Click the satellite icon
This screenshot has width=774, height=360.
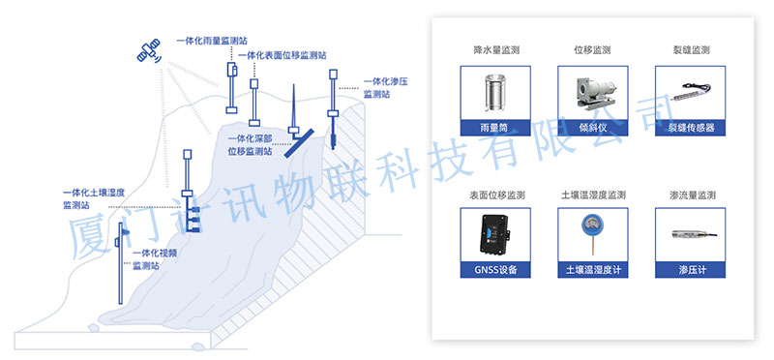pyautogui.click(x=149, y=51)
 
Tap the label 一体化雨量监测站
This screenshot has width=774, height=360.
pyautogui.click(x=212, y=41)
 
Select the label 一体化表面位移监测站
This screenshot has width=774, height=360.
pyautogui.click(x=283, y=55)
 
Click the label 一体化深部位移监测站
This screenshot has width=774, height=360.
pyautogui.click(x=250, y=146)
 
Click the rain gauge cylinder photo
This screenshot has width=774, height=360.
pyautogui.click(x=495, y=93)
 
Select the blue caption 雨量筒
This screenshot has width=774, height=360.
pyautogui.click(x=495, y=128)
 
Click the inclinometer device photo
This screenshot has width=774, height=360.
pyautogui.click(x=592, y=92)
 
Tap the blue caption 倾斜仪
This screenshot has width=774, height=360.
pyautogui.click(x=592, y=128)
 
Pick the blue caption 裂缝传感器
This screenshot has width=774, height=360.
pyautogui.click(x=690, y=128)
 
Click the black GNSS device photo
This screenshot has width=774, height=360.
pyautogui.click(x=494, y=234)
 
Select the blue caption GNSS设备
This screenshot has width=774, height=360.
pyautogui.click(x=495, y=270)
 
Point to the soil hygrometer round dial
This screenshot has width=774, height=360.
pyautogui.click(x=592, y=223)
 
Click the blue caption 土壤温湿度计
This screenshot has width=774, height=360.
pyautogui.click(x=592, y=270)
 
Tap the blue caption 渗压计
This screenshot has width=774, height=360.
pyautogui.click(x=690, y=270)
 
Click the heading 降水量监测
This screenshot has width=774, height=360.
pyautogui.click(x=496, y=50)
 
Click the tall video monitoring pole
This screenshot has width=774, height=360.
pyautogui.click(x=120, y=263)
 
